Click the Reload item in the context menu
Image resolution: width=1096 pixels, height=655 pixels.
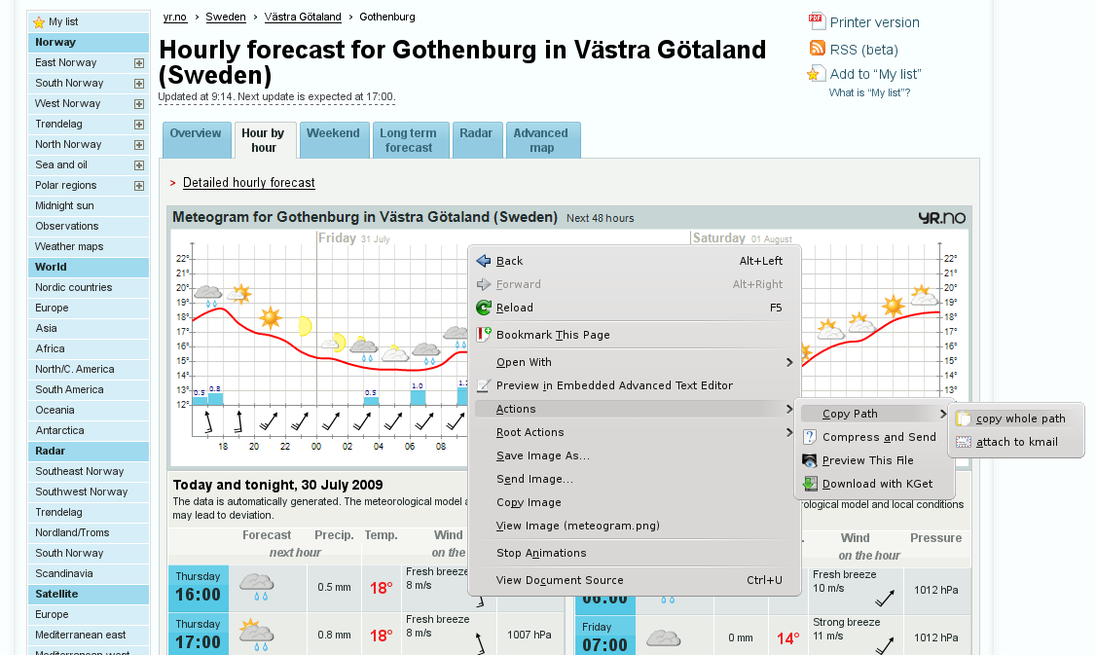coord(515,308)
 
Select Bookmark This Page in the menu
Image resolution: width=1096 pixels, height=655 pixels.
coord(553,335)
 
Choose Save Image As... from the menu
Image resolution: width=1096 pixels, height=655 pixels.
coord(542,455)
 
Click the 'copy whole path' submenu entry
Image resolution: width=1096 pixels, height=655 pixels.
coord(1020,418)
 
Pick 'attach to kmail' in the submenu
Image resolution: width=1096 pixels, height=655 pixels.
coord(1016,442)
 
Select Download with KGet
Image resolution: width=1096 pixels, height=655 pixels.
coord(877,484)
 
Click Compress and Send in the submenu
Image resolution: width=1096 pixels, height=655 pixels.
coord(879,437)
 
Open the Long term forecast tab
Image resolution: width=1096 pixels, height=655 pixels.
coord(409,141)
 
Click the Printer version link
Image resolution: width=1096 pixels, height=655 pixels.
coord(874,22)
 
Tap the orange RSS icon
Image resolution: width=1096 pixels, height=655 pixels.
coord(818,49)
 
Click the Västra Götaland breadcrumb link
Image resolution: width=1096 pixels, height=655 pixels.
coord(303,17)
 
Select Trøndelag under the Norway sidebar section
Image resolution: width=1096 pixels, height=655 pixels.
coord(58,124)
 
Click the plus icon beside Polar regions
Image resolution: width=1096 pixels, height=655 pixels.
coord(139,185)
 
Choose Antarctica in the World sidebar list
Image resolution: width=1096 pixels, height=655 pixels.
coord(59,430)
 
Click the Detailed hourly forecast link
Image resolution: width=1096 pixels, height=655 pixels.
coord(248,183)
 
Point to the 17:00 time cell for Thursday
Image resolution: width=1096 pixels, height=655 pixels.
coord(198,635)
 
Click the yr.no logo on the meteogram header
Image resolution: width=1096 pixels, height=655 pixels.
coord(941,218)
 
